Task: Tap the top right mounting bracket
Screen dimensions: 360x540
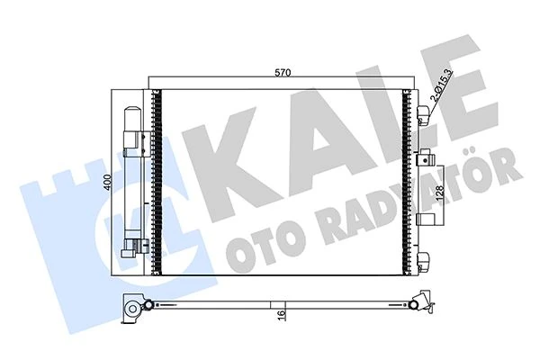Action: pyautogui.click(x=425, y=113)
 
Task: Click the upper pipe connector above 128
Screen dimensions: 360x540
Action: pyautogui.click(x=421, y=157)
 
